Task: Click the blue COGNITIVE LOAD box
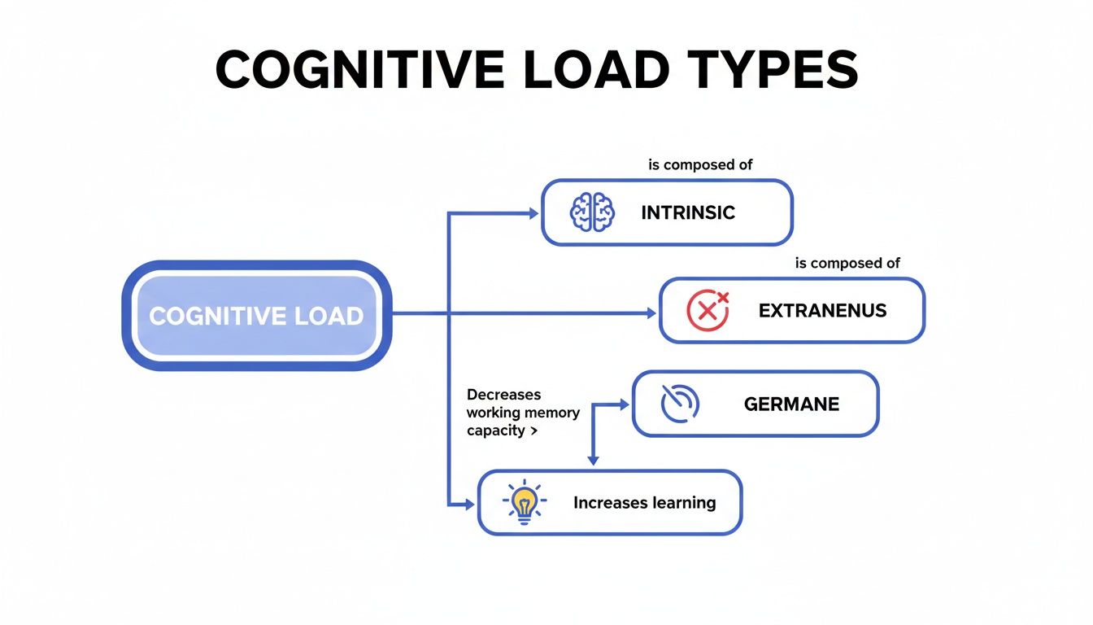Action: [x=256, y=316]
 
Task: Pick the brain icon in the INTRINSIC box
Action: [x=592, y=212]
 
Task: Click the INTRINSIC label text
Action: [x=688, y=213]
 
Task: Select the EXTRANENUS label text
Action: [x=822, y=311]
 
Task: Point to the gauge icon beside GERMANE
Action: [x=679, y=404]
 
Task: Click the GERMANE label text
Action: [x=791, y=404]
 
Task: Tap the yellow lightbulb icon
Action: [x=525, y=501]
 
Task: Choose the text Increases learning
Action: [x=644, y=503]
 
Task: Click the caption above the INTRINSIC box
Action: [x=700, y=164]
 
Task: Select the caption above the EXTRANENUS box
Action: [x=847, y=263]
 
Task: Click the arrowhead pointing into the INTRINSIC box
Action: [x=533, y=213]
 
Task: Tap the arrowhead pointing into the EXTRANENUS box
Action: [x=651, y=312]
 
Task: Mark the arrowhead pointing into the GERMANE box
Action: [x=625, y=403]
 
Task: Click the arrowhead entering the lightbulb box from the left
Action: [x=469, y=505]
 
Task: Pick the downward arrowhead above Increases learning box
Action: [x=593, y=461]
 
